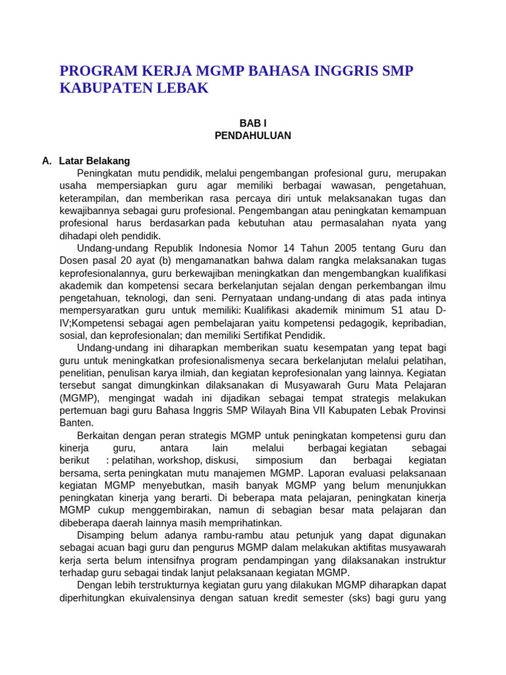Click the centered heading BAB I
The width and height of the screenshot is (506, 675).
(x=252, y=123)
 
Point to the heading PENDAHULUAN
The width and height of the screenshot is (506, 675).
(x=252, y=136)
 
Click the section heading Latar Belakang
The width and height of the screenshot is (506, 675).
(x=94, y=160)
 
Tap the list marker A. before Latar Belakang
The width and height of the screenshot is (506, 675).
(x=46, y=160)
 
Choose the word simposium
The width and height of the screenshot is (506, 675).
(x=279, y=461)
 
